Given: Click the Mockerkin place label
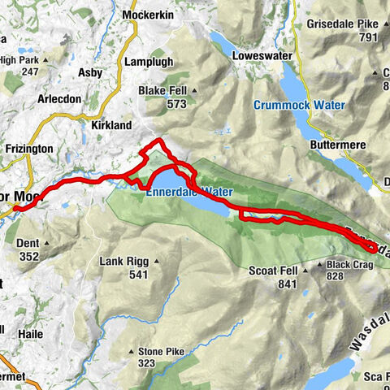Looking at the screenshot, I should [144, 15].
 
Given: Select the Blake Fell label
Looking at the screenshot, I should [163, 90].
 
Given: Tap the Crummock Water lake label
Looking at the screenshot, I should [298, 105].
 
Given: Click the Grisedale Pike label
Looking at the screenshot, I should [341, 24].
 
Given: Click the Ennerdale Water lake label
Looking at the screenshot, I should [189, 192].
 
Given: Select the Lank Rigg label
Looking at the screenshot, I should [120, 262].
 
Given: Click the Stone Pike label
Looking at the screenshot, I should [161, 351].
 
